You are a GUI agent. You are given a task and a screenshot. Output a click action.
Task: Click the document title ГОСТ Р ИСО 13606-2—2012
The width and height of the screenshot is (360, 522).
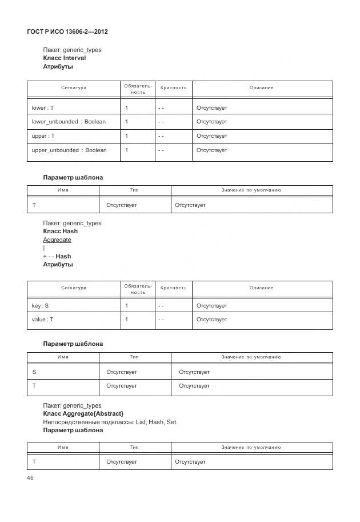tap(67, 31)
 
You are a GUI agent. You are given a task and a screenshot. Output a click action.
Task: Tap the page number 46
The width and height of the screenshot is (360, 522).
tap(31, 478)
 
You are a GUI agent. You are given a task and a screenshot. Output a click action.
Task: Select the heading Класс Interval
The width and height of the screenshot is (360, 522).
tap(65, 58)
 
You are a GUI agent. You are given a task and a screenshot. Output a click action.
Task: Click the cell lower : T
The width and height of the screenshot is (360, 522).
tap(43, 107)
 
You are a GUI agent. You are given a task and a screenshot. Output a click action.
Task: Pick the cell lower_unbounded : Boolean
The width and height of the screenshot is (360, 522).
tap(69, 122)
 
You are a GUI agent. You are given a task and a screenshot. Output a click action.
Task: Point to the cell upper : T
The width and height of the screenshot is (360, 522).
tap(43, 136)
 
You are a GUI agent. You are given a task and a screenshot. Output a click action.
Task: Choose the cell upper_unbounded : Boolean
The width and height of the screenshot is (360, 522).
tap(69, 150)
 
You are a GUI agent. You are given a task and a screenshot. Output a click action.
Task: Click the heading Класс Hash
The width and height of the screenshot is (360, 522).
tap(61, 232)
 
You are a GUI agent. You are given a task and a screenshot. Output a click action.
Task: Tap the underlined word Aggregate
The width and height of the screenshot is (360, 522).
tap(57, 240)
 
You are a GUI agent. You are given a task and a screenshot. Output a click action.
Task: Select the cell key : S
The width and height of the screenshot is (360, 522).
tap(40, 306)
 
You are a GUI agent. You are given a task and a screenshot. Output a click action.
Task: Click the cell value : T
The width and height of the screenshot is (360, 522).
tap(42, 320)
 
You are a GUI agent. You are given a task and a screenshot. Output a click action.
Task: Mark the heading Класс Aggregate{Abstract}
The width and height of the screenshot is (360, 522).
tap(83, 413)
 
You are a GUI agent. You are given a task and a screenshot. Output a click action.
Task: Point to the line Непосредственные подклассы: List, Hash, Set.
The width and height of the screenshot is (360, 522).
tap(110, 422)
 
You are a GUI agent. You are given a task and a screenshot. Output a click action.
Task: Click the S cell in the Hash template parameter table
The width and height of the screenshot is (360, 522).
tap(34, 372)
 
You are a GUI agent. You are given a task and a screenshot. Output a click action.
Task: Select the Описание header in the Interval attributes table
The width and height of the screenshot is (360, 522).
tap(261, 88)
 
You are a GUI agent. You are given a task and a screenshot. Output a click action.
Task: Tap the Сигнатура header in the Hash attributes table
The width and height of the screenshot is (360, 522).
tap(74, 288)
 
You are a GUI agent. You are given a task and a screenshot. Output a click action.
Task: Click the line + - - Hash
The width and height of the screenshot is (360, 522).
tap(57, 256)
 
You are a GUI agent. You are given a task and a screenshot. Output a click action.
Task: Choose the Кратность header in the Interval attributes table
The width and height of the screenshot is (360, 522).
tap(174, 88)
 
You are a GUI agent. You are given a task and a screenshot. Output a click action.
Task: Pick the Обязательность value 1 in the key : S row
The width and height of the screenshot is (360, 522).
tap(126, 306)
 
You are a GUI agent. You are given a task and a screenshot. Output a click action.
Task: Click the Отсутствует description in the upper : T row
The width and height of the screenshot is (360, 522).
tap(211, 136)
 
